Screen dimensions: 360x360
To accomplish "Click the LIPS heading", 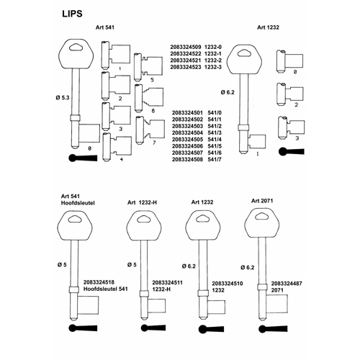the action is (72, 14).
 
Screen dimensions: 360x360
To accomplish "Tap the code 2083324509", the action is (186, 47).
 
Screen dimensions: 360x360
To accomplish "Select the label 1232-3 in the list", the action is (213, 67).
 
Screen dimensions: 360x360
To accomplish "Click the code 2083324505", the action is (187, 140).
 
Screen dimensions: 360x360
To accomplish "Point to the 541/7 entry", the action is (215, 159).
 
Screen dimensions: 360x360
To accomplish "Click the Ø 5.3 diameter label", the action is (63, 98).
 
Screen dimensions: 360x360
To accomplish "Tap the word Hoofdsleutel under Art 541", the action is (78, 203).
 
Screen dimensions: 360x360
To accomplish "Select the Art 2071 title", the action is (262, 201).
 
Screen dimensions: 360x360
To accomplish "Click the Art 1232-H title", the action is (142, 202).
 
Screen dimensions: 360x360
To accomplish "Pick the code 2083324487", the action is (287, 284).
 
